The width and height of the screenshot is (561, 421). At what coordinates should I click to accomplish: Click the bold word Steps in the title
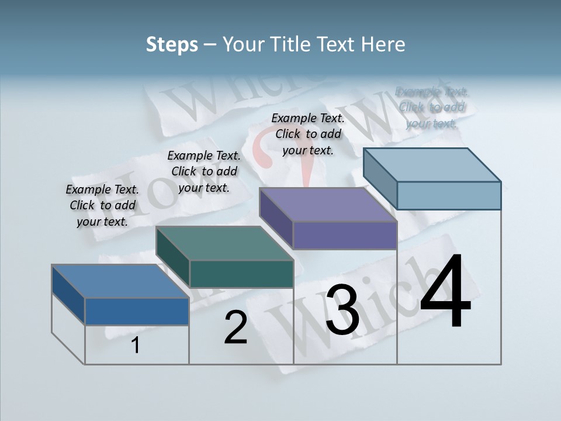click(172, 44)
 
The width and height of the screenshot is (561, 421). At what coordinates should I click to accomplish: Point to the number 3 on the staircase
click(342, 310)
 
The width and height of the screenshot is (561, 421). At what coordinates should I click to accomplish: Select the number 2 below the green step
click(236, 327)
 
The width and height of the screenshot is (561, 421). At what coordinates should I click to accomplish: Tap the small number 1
click(136, 346)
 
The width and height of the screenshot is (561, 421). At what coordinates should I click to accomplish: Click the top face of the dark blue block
click(120, 281)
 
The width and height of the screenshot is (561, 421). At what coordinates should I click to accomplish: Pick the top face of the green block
click(224, 243)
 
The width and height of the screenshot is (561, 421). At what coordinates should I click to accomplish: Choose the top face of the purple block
click(328, 205)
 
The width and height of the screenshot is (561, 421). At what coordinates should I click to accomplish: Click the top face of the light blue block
click(432, 164)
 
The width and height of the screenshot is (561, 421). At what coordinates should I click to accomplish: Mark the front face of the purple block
click(345, 236)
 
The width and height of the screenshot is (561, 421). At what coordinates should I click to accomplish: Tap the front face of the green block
click(241, 274)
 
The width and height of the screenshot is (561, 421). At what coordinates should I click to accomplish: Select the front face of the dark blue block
click(137, 311)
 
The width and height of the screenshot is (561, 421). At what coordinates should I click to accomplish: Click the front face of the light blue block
click(449, 195)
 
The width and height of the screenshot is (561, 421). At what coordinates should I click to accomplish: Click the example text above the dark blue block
click(102, 205)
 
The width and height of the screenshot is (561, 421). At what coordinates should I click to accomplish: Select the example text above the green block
click(204, 171)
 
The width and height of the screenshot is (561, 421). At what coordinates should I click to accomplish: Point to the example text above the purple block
click(308, 134)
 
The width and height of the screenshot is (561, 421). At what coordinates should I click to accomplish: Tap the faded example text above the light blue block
click(432, 107)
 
